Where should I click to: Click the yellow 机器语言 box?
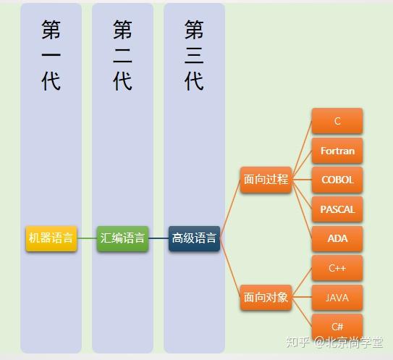(51, 238)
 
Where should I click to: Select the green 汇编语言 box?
(122, 238)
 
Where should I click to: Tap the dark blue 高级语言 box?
(194, 238)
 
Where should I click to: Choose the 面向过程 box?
(266, 180)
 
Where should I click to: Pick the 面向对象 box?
(266, 297)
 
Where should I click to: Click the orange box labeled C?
(337, 121)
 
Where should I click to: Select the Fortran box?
(337, 151)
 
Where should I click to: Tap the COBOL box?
(337, 180)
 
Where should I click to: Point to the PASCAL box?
(337, 209)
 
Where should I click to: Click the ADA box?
(337, 238)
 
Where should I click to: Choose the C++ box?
(337, 268)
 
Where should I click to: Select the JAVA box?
(337, 297)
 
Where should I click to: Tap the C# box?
(337, 326)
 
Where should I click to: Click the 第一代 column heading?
(51, 55)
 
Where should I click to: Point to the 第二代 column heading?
(122, 55)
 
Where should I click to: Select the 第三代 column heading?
(194, 55)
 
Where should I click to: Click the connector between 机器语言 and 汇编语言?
(87, 238)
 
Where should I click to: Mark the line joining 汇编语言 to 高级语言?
(159, 238)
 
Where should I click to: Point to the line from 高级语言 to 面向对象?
(230, 269)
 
